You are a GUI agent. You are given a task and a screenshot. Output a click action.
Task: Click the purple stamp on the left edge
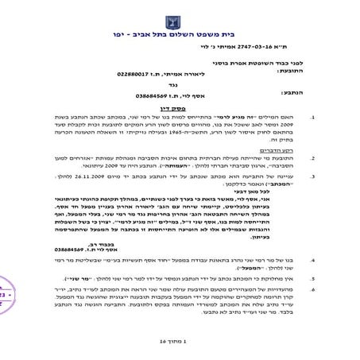[x=4, y=296]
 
